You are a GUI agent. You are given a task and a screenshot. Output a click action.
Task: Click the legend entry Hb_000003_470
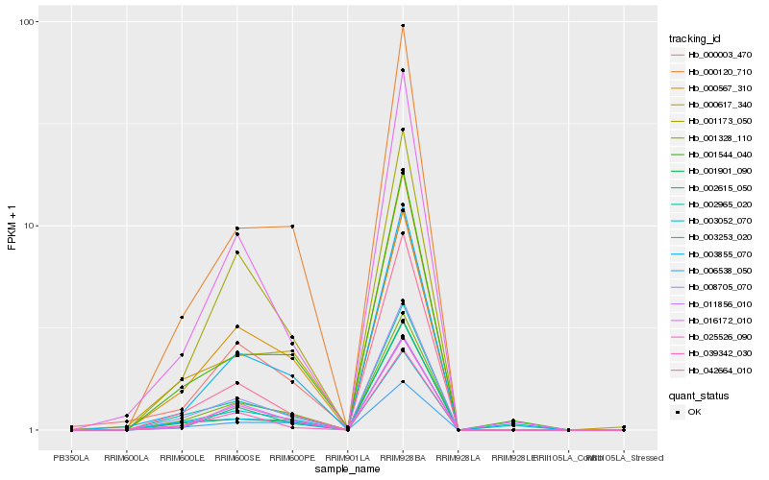pos(713,56)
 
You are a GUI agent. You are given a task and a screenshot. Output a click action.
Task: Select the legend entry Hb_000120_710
pos(713,72)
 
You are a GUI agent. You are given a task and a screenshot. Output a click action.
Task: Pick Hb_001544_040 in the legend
pos(713,155)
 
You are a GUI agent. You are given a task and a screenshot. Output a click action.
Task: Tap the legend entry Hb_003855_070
pos(713,254)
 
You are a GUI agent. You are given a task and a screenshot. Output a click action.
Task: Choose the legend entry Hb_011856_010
pos(713,304)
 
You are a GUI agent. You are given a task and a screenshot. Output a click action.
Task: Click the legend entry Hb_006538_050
pos(713,271)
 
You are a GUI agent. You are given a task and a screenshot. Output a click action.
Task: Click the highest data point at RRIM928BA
pos(403,26)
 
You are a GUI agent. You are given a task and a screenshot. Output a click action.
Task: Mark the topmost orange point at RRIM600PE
pos(292,227)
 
